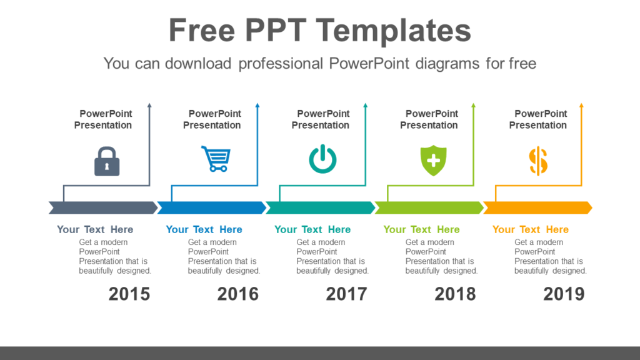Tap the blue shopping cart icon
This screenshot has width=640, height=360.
[216, 159]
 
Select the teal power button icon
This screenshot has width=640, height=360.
[322, 159]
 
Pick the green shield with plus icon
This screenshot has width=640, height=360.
[433, 160]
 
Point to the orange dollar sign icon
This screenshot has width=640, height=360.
[538, 161]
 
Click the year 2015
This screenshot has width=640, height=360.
[129, 294]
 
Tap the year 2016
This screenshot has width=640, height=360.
[238, 294]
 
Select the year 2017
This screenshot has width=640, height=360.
[347, 294]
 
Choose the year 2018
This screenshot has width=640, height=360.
[456, 294]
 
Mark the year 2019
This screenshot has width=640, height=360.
[564, 294]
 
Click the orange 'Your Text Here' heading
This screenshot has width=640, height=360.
[531, 229]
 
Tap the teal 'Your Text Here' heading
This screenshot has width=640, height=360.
[312, 229]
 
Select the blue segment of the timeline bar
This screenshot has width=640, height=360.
[211, 207]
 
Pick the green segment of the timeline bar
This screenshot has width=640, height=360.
[429, 207]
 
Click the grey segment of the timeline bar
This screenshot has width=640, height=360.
[103, 207]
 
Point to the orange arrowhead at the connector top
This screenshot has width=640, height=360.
[581, 106]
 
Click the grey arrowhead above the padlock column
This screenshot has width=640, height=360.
[149, 106]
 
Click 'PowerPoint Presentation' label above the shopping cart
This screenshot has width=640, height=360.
[212, 119]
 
